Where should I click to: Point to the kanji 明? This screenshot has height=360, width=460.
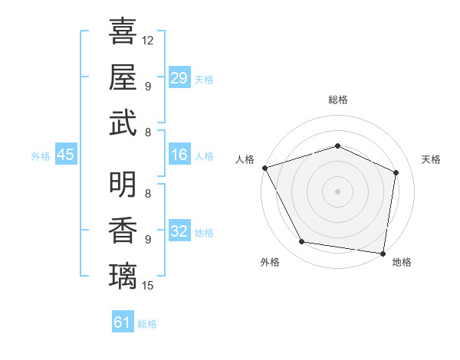click(123, 184)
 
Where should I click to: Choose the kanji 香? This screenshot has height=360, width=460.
click(123, 230)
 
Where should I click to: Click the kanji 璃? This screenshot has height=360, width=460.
click(123, 276)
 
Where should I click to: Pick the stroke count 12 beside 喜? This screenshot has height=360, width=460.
click(148, 39)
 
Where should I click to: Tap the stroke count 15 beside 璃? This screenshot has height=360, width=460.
click(148, 286)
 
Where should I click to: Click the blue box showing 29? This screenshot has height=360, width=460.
click(179, 78)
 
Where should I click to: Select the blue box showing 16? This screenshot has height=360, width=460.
click(179, 155)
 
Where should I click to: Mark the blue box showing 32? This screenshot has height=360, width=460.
click(179, 231)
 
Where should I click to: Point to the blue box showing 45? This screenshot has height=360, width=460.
click(65, 155)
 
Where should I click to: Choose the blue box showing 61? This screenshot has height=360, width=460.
click(123, 322)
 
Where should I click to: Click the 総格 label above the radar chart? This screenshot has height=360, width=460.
click(337, 100)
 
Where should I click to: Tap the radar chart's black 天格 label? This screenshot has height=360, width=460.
click(431, 159)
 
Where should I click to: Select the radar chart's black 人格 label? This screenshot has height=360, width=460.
click(245, 159)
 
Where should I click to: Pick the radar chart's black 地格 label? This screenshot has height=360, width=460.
click(402, 263)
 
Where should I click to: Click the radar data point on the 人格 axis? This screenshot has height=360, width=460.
click(264, 168)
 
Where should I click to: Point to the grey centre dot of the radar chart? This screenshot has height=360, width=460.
click(337, 191)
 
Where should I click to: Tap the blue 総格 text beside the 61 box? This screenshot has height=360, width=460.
click(147, 324)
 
